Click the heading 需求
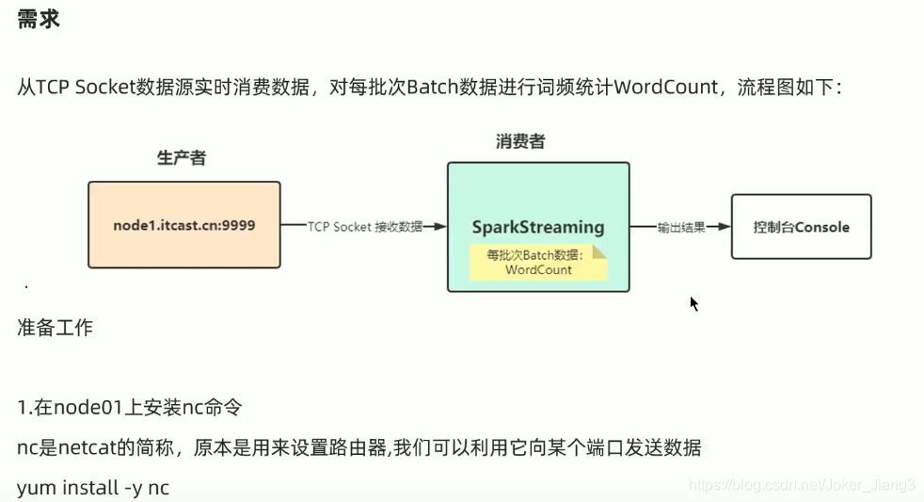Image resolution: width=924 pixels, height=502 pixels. [x=39, y=19]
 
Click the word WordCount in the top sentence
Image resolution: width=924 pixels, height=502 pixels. [x=665, y=87]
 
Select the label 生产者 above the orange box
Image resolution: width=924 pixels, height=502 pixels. [x=182, y=158]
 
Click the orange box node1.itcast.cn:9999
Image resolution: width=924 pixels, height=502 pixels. [x=184, y=225]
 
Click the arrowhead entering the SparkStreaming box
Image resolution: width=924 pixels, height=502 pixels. [x=439, y=226]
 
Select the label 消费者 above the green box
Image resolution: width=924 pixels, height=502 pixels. [x=520, y=142]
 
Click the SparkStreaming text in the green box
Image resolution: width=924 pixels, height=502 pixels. [x=538, y=227]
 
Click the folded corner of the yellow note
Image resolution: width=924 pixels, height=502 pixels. [x=599, y=251]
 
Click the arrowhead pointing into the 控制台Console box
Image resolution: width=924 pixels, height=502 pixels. [x=725, y=227]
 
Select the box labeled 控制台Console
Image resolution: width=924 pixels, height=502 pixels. [x=801, y=227]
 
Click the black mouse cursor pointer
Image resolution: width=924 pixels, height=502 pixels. [x=693, y=303]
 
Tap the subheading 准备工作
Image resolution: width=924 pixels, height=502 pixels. [x=55, y=328]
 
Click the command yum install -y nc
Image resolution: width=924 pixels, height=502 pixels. [x=92, y=487]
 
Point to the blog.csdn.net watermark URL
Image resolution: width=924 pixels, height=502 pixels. [x=801, y=484]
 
